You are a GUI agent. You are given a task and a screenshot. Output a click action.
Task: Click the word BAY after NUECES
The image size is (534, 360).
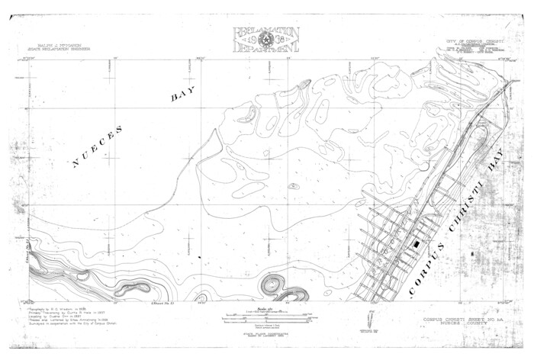(183, 94)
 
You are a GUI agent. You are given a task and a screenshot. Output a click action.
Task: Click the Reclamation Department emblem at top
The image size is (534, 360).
(266, 40)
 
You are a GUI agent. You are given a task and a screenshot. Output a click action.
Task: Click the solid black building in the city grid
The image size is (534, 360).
(416, 243)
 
